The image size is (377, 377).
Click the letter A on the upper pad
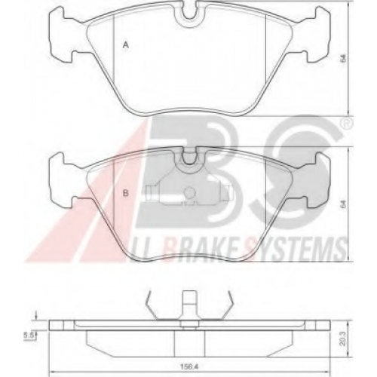tap(126, 45)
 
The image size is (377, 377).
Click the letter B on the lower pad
tap(125, 193)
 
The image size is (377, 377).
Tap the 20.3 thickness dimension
tap(343, 339)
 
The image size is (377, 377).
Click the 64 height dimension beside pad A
tap(344, 58)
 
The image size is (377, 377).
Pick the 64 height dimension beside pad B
tap(344, 204)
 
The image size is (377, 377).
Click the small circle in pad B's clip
tap(189, 193)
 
